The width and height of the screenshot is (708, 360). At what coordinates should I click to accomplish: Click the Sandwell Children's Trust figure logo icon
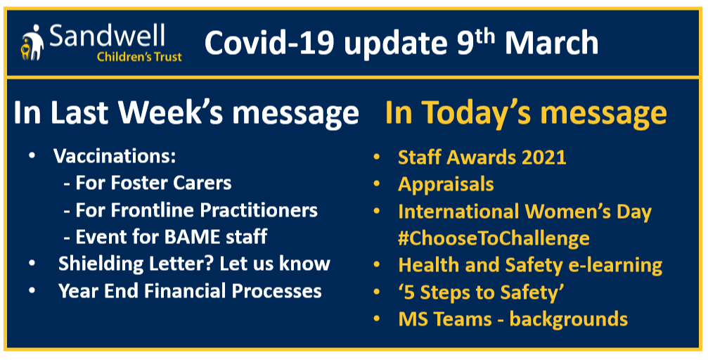click(32, 42)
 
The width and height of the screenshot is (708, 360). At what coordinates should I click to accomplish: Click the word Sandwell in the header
click(107, 37)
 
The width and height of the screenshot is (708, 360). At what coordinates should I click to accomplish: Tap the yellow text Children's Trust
click(139, 57)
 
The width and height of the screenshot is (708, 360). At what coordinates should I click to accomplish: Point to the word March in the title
click(551, 44)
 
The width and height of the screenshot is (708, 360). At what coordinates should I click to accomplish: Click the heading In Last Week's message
click(186, 113)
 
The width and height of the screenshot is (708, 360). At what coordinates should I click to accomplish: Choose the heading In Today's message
click(526, 113)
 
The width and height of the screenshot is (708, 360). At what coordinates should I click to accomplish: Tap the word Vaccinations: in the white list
click(115, 157)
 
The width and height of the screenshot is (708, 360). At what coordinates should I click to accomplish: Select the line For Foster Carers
click(148, 184)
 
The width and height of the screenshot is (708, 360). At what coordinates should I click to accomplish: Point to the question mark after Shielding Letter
click(210, 264)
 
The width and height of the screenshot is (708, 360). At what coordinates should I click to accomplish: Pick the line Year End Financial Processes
click(190, 291)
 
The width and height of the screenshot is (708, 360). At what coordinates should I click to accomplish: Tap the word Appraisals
click(446, 184)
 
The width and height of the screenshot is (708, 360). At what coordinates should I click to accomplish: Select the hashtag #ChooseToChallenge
click(494, 238)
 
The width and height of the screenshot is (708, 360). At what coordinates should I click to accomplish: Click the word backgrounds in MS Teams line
click(569, 319)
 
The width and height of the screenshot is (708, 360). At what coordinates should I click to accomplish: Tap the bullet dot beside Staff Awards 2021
click(376, 157)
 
